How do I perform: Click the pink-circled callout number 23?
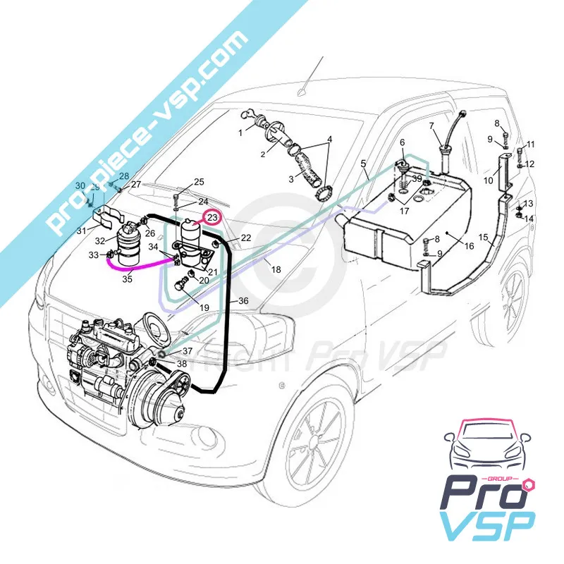tap(212, 218)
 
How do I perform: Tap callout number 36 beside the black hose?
tap(243, 301)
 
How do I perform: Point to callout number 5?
tap(364, 166)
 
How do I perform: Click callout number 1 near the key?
tap(240, 133)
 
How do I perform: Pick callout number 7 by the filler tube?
tap(432, 126)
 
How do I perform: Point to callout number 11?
tap(531, 145)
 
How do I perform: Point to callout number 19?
tap(204, 307)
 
